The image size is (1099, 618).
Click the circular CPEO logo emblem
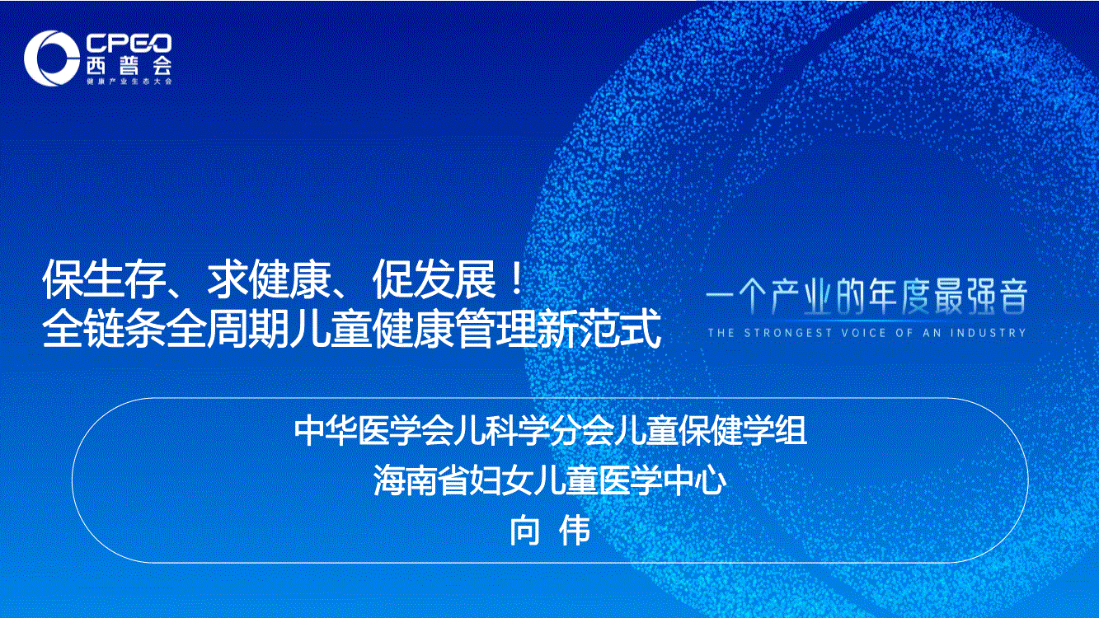coord(51,58)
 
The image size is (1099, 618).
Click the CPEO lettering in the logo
coord(129,43)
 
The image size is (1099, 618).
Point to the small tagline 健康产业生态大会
coord(129,82)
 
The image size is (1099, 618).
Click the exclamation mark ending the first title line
coord(515,279)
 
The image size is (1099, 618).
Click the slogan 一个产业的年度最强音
coord(867,297)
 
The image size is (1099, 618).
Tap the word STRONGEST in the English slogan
coord(788,333)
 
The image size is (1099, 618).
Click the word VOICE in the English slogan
coord(863,333)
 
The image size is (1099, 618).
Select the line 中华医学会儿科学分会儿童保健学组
coord(551,431)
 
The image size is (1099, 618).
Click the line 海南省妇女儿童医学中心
coord(550,480)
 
